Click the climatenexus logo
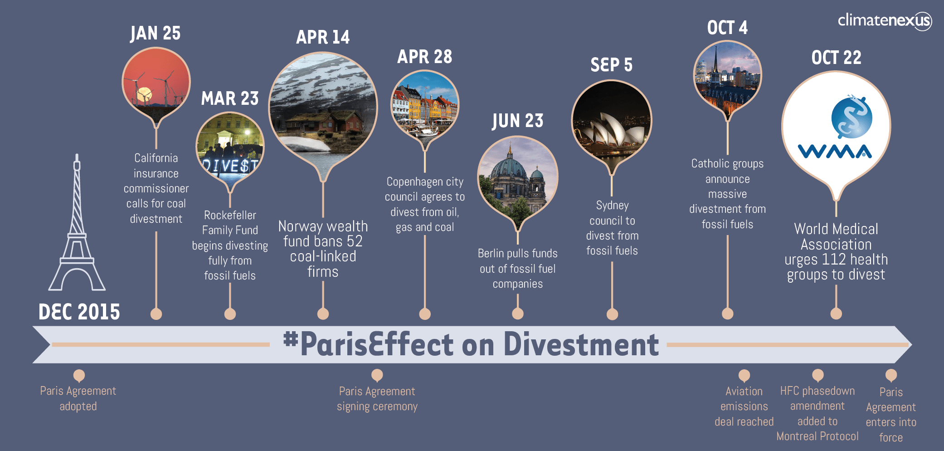click(x=885, y=21)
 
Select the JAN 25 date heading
click(x=155, y=33)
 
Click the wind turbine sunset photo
click(x=156, y=82)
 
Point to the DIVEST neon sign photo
click(x=230, y=147)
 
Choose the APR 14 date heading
click(x=323, y=37)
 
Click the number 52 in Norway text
click(x=355, y=241)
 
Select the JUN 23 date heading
click(x=517, y=121)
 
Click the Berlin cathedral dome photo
click(x=518, y=177)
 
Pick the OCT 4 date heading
click(x=727, y=28)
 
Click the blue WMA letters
click(x=835, y=151)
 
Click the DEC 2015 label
click(x=79, y=312)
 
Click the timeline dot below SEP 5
click(x=612, y=314)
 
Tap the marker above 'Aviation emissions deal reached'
click(x=744, y=376)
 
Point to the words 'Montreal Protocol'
click(x=817, y=436)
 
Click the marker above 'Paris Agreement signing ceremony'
click(x=377, y=376)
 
